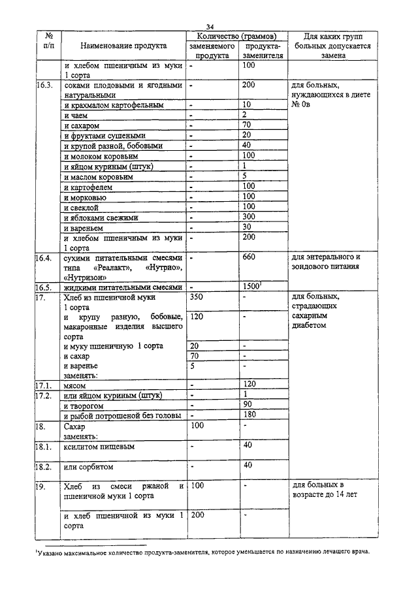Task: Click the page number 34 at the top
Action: tap(210, 25)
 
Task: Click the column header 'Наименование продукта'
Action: tap(123, 46)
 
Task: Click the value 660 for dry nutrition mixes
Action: tap(248, 257)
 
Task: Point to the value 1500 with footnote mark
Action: tap(252, 287)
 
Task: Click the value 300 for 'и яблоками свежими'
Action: tap(248, 217)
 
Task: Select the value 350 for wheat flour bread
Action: tap(197, 297)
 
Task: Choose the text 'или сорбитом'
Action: tap(89, 468)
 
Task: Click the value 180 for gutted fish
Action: tap(248, 415)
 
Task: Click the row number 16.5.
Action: tap(44, 287)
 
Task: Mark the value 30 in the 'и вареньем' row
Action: tap(246, 227)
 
